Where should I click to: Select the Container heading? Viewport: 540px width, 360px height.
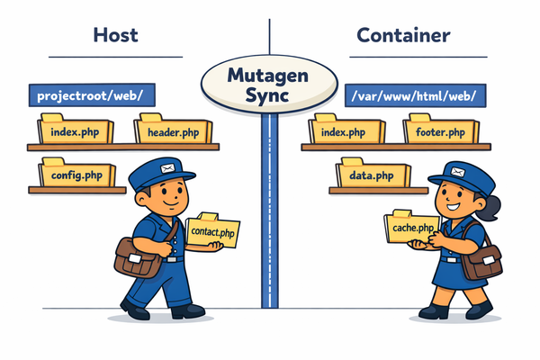coord(404,36)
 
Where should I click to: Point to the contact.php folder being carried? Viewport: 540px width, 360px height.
coord(213,232)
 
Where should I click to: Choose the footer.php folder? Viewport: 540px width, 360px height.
coord(440,131)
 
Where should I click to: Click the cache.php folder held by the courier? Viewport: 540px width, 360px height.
coord(414,229)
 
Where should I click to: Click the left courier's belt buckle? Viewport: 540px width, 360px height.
coord(171,258)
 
